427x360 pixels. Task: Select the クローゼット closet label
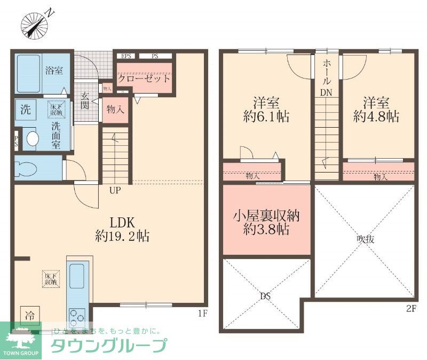[x=144, y=78]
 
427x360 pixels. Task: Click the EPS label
[x=126, y=56]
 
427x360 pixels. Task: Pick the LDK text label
[x=125, y=222]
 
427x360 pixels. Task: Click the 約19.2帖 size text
[x=125, y=236]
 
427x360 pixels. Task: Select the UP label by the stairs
[x=114, y=190]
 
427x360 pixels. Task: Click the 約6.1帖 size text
[x=266, y=116]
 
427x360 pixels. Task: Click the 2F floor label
[x=410, y=308]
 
